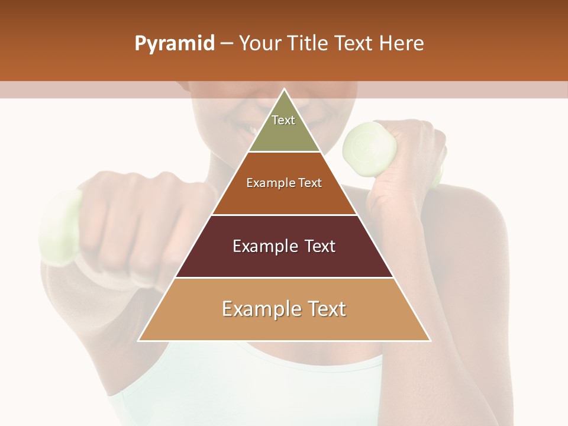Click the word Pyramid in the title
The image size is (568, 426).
(174, 44)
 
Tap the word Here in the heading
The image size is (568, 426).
(402, 43)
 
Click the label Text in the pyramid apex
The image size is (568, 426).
(283, 120)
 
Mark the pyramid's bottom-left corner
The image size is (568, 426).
(139, 340)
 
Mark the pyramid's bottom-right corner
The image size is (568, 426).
(430, 340)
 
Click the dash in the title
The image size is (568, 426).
(227, 44)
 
